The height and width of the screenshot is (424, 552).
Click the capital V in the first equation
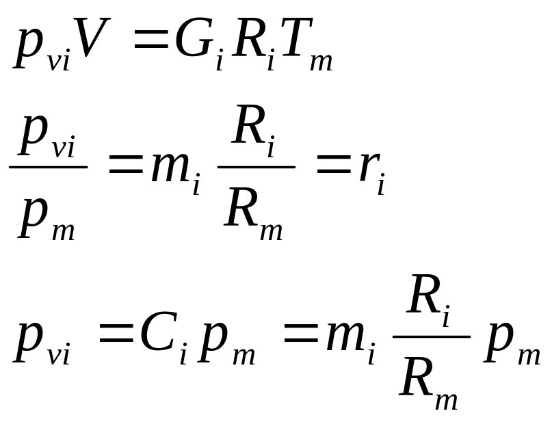tap(92, 37)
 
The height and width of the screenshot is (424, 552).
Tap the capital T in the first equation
tap(295, 37)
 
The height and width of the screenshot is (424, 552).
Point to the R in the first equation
tap(248, 37)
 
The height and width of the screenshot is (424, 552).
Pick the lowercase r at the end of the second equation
tap(369, 167)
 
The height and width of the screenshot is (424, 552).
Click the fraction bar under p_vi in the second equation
tap(49, 167)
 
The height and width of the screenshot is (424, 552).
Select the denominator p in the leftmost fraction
tap(33, 217)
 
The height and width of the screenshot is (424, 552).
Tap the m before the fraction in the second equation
tap(171, 168)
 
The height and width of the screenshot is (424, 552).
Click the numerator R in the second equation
tap(248, 124)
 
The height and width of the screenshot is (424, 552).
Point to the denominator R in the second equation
tap(241, 207)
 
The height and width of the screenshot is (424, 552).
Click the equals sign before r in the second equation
tap(334, 164)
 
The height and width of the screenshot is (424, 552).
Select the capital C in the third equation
tap(158, 332)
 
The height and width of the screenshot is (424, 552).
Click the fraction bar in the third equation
tap(432, 336)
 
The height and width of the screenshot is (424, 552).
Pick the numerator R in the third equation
tap(423, 294)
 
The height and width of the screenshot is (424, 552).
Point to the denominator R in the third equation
tap(416, 377)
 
